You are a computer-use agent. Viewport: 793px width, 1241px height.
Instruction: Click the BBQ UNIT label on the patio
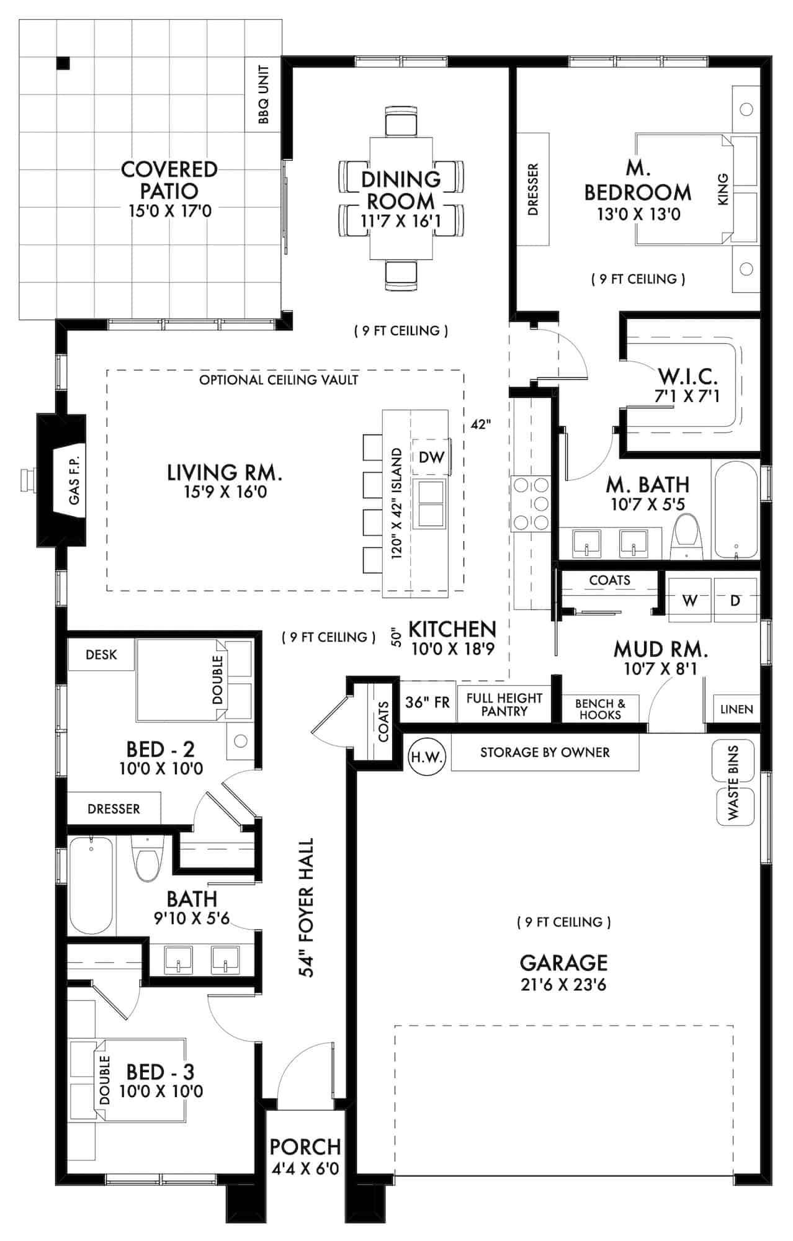(x=264, y=94)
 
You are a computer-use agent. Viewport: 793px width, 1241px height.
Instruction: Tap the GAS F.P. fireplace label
(x=74, y=480)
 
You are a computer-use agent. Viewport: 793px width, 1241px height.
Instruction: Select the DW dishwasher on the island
(x=431, y=457)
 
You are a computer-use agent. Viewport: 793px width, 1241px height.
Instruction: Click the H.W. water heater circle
(x=427, y=757)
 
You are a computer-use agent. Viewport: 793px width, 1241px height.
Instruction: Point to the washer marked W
(x=689, y=600)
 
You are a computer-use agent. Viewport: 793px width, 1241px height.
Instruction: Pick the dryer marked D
(x=735, y=600)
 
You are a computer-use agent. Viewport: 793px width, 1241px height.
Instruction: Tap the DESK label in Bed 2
(x=101, y=655)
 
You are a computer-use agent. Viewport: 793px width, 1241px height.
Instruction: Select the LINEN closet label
(x=737, y=709)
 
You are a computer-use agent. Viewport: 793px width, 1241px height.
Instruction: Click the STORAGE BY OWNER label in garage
(x=545, y=753)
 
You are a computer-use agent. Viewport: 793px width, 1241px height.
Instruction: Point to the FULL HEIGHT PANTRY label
(x=504, y=705)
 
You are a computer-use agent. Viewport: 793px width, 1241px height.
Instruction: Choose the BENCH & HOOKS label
(x=600, y=709)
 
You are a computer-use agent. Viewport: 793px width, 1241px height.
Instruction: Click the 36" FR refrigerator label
(x=427, y=702)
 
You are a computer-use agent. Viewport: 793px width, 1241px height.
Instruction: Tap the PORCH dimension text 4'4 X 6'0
(x=305, y=1169)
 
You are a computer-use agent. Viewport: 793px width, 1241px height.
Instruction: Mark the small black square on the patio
(x=63, y=63)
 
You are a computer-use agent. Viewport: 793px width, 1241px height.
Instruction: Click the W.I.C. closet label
(x=688, y=376)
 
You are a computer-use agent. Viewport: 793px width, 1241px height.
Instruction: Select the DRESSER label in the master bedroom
(x=533, y=189)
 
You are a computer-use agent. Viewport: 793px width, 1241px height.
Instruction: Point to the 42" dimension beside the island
(x=481, y=425)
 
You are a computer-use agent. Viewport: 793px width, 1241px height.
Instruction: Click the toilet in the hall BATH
(x=147, y=859)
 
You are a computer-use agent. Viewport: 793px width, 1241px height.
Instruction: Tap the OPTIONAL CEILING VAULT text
(x=279, y=380)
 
